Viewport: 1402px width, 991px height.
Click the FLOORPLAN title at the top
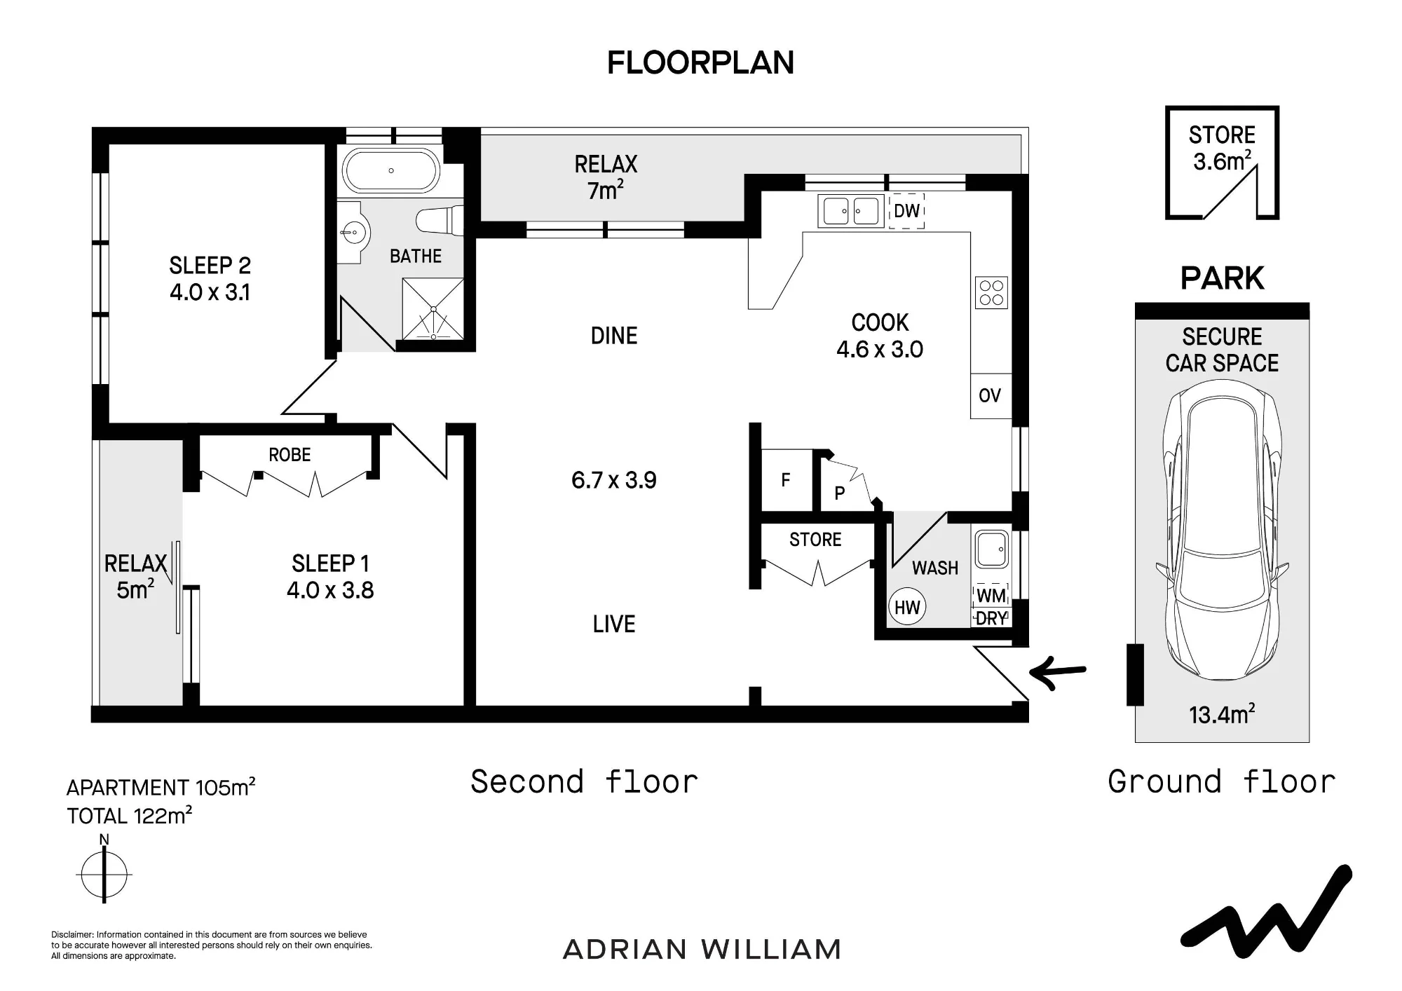point(700,63)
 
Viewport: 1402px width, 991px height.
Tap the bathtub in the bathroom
point(391,170)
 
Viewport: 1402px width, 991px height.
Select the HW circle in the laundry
point(907,607)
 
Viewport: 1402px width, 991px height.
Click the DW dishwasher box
point(906,211)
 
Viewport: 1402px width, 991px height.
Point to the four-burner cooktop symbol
point(991,293)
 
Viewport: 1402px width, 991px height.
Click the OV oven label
point(990,396)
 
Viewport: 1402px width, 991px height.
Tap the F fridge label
point(785,480)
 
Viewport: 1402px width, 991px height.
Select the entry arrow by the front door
point(1057,674)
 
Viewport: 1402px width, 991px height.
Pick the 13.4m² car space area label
point(1222,714)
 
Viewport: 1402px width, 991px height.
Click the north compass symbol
point(104,874)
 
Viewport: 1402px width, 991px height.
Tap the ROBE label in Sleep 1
point(290,455)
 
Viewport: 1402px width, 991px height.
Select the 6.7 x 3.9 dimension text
point(614,480)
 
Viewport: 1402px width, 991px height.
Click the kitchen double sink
point(850,211)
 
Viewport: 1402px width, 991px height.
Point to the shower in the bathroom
point(433,309)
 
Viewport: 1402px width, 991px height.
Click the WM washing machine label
point(991,596)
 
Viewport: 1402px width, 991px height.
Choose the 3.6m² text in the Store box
point(1223,161)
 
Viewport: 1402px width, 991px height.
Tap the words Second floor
point(585,781)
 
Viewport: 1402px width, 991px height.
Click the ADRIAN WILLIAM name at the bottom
point(702,950)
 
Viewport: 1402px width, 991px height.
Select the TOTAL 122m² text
point(129,816)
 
